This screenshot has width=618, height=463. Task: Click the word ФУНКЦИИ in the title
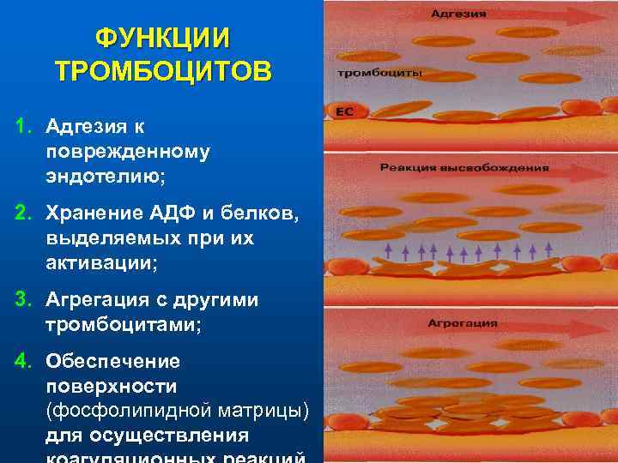(x=162, y=39)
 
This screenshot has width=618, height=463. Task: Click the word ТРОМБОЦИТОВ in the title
(x=162, y=70)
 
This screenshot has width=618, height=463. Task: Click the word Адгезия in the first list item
(x=86, y=127)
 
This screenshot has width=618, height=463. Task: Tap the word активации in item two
(x=100, y=263)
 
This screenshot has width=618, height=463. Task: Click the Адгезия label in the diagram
(x=458, y=15)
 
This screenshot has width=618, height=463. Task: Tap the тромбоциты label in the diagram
(x=379, y=73)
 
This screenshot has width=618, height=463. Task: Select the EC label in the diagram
(x=344, y=111)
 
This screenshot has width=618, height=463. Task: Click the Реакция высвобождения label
(x=463, y=167)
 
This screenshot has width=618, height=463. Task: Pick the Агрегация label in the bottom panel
(x=462, y=323)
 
